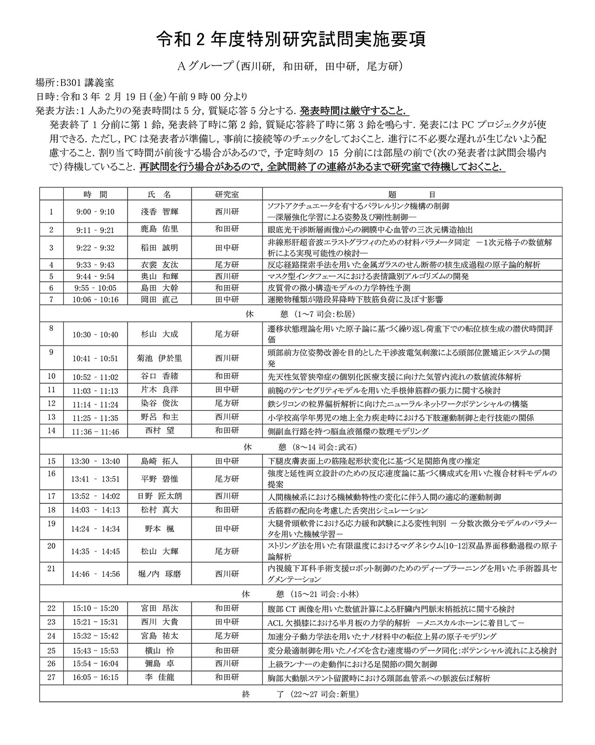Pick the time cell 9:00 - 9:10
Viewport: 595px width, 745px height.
(96, 212)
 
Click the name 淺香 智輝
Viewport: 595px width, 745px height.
(159, 212)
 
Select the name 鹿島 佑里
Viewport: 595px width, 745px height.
(159, 229)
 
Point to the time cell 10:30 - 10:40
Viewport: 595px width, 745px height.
(96, 335)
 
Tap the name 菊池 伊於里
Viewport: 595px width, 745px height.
(159, 358)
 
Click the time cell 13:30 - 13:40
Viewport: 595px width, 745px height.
(96, 461)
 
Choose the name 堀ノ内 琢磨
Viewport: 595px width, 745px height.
(159, 574)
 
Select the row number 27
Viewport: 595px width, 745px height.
(52, 677)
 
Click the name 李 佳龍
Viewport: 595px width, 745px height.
(159, 677)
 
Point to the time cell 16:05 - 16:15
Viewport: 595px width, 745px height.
(96, 677)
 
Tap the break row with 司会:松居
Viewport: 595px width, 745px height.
(300, 314)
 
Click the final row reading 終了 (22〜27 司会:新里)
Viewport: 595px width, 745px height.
(300, 694)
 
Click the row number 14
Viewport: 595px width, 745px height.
(52, 431)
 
